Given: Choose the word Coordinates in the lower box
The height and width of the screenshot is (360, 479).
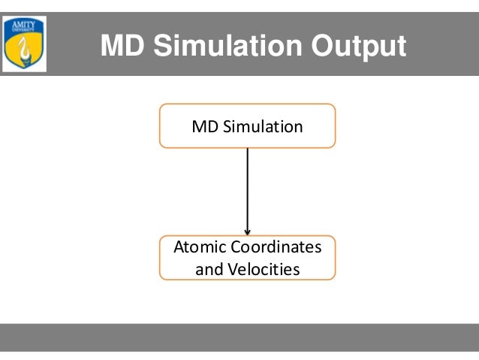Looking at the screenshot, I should (x=276, y=247).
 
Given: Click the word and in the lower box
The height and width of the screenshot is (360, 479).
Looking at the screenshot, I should (x=208, y=268).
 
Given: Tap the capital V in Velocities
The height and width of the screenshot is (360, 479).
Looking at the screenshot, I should (x=230, y=268).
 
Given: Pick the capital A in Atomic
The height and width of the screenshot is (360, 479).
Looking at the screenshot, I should (x=179, y=247).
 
